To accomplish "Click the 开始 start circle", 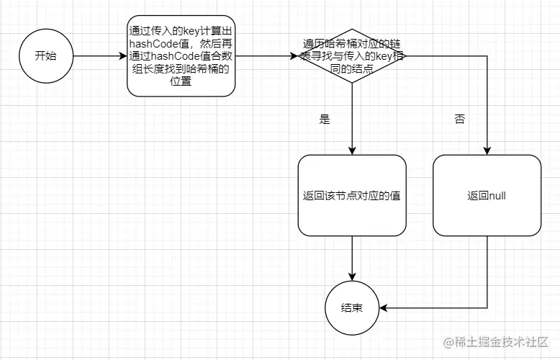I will [45, 56].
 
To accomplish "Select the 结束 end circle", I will [352, 307].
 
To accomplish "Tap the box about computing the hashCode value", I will [181, 56].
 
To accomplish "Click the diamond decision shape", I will [352, 55].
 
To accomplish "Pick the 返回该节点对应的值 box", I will [352, 195].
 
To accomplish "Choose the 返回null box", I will [487, 195].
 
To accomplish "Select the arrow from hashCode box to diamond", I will [266, 56].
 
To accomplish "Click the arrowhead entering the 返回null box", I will [487, 150].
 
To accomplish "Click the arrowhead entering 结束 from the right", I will [384, 307].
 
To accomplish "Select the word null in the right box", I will [497, 195].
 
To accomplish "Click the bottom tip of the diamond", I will [352, 83].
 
